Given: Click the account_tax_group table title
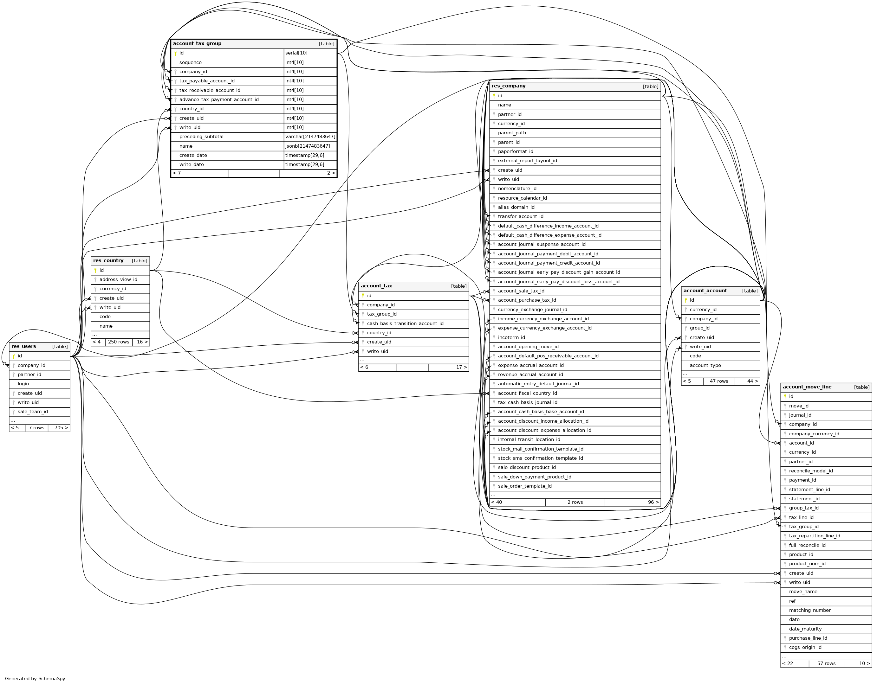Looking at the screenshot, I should [197, 44].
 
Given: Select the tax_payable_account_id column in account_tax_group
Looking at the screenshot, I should [207, 81].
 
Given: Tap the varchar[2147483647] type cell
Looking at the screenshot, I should [310, 137].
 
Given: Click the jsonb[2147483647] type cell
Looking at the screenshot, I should [307, 146].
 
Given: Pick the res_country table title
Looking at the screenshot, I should [108, 261].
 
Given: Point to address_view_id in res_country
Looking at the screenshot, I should [118, 280].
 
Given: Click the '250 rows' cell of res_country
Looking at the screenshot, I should [119, 342].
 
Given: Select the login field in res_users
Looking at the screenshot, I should [23, 384].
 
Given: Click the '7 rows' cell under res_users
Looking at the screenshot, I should [36, 428].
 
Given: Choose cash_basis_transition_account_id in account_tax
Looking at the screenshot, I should [405, 324].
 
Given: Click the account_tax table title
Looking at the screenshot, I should [376, 286].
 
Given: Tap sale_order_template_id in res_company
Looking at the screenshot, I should [524, 486].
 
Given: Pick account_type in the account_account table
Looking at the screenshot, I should [705, 366].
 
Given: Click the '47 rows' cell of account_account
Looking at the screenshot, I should [719, 381].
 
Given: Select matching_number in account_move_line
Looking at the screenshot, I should [809, 610].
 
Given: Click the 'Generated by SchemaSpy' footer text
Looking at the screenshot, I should [35, 679].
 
